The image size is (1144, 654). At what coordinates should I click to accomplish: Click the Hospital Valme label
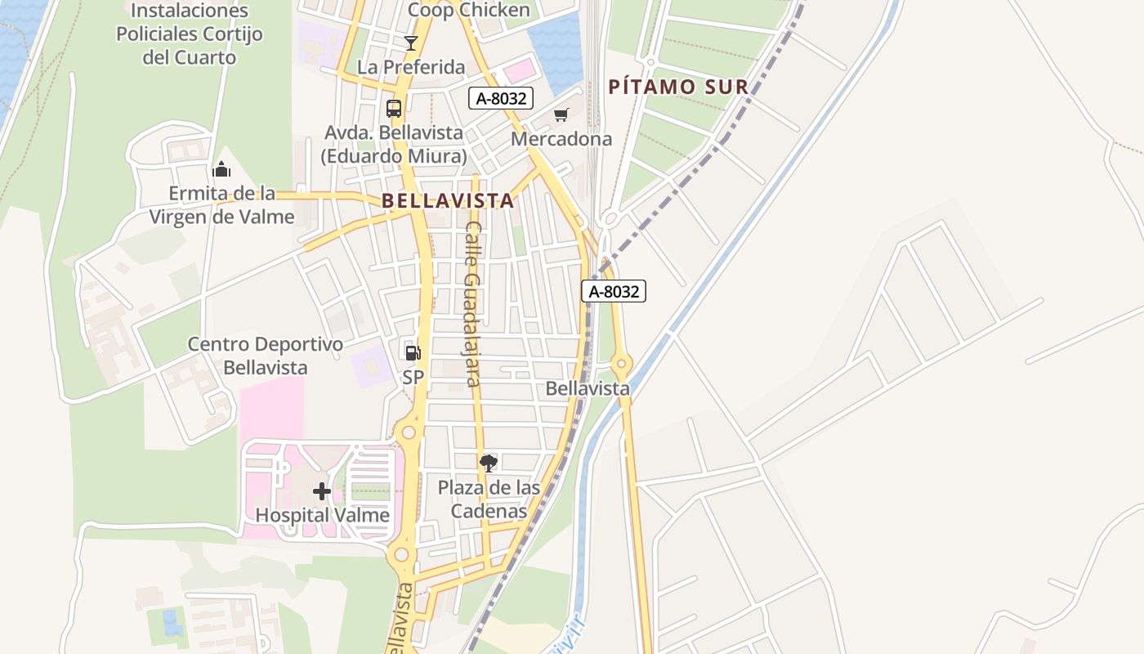(322, 515)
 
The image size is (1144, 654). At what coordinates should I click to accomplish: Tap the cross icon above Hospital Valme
(322, 491)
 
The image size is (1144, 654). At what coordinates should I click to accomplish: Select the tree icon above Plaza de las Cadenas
(489, 464)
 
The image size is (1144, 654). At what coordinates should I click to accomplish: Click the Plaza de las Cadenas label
(489, 499)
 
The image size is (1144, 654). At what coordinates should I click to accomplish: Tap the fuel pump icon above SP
(413, 353)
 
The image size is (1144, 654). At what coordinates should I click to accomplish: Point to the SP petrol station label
(413, 378)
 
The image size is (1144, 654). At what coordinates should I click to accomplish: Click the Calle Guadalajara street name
(472, 303)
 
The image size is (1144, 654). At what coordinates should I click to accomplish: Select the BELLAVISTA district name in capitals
(448, 200)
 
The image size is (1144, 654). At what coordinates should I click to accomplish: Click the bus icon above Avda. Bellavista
(394, 108)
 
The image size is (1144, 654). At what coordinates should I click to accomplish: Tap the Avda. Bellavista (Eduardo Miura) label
(394, 144)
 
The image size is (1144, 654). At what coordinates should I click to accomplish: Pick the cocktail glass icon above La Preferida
(410, 43)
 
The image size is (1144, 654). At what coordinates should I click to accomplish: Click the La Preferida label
(411, 67)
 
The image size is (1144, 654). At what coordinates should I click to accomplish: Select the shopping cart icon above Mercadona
(561, 115)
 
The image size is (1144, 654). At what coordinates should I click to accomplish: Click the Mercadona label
(561, 139)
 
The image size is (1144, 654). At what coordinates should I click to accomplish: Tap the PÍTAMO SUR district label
(678, 87)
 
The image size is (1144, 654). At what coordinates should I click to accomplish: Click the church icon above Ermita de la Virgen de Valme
(221, 170)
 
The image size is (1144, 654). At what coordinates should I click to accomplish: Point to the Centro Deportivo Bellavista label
(266, 356)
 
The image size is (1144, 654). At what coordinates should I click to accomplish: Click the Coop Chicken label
(468, 10)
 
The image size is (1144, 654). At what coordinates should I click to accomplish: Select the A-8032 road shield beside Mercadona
(501, 98)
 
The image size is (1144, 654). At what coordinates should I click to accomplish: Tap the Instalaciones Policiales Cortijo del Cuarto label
(189, 34)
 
